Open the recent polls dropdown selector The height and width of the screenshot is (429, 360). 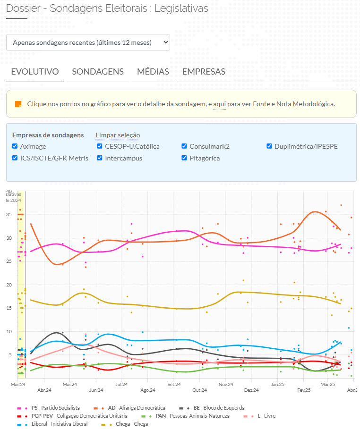tap(88, 42)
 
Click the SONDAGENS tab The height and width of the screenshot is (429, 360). tap(98, 72)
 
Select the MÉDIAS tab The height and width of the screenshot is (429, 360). tap(153, 72)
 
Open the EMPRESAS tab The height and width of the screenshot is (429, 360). tap(204, 72)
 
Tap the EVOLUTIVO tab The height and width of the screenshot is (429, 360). tap(35, 72)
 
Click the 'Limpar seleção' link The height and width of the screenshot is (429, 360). tap(118, 135)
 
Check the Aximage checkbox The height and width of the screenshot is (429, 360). tap(15, 146)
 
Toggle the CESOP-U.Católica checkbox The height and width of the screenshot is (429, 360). tap(100, 146)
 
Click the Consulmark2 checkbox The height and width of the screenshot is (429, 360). tap(185, 146)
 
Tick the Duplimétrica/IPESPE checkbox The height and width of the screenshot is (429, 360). tap(270, 146)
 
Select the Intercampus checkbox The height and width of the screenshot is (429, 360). tap(100, 158)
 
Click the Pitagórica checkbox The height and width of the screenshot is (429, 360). tap(185, 158)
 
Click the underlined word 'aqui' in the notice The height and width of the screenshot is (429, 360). tap(219, 104)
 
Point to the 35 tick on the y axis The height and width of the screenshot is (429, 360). tap(9, 215)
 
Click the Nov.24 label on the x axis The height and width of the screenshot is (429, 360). tap(226, 390)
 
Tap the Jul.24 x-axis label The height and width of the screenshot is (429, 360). tap(122, 390)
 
